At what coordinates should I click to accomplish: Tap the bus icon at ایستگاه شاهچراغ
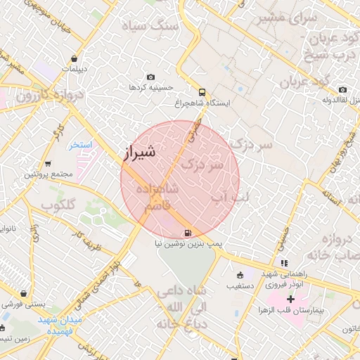click(202, 91)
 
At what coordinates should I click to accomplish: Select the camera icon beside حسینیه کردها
click(150, 77)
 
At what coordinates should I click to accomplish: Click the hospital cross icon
click(291, 300)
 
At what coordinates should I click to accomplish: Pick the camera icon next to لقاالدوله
click(342, 90)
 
